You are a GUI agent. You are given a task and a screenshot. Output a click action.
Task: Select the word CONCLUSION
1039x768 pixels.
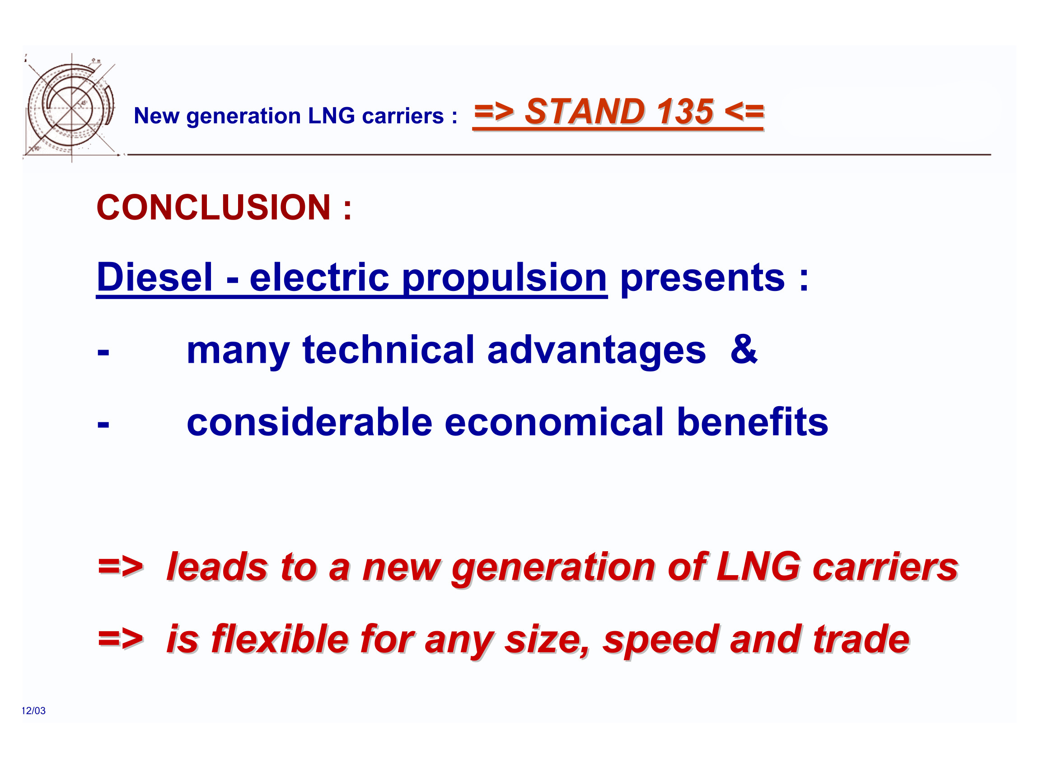pos(213,207)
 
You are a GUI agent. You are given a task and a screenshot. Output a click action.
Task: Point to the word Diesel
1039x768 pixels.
pos(154,277)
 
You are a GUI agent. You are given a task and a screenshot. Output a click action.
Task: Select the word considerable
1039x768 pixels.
pos(309,421)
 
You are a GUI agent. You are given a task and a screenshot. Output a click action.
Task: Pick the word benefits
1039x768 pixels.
pos(753,421)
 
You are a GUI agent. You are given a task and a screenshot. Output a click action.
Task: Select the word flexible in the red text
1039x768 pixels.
pos(281,639)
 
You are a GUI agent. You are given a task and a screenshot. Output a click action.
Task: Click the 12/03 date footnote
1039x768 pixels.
pos(33,710)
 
